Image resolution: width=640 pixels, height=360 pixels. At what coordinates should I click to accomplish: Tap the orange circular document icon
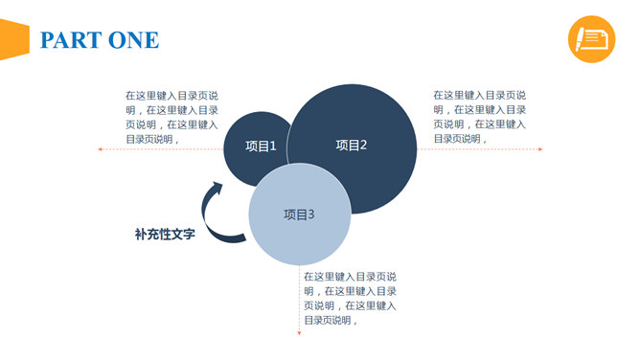[x=591, y=38]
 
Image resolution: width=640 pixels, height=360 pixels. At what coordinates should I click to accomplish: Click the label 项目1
[x=261, y=146]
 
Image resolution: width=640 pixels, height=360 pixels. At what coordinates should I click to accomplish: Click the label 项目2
[x=352, y=146]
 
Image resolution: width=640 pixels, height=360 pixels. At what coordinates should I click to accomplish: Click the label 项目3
[x=299, y=214]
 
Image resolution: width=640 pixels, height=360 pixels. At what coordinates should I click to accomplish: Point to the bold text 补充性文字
[x=165, y=234]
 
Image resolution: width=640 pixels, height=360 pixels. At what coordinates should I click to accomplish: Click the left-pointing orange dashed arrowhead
[x=100, y=149]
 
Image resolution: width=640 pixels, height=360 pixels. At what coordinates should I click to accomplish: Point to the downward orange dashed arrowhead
[x=299, y=332]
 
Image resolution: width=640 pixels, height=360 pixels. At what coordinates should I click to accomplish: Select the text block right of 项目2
[x=479, y=117]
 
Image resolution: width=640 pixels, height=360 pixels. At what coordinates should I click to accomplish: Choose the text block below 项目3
[x=350, y=298]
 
